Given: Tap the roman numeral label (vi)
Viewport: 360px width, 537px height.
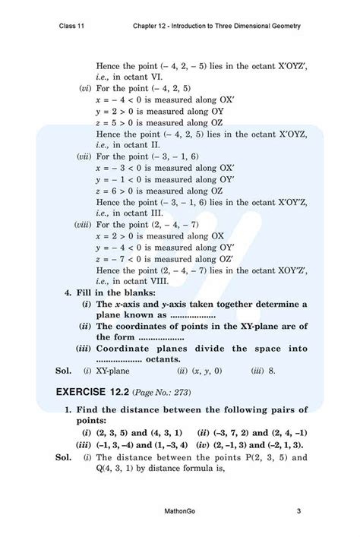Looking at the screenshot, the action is coord(85,89).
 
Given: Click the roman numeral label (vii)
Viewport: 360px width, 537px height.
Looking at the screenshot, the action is coord(84,156).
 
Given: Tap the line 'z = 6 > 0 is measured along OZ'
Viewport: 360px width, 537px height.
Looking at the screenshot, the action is coord(161,190).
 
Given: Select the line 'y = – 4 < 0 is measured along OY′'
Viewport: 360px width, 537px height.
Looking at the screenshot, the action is coord(163,248).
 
